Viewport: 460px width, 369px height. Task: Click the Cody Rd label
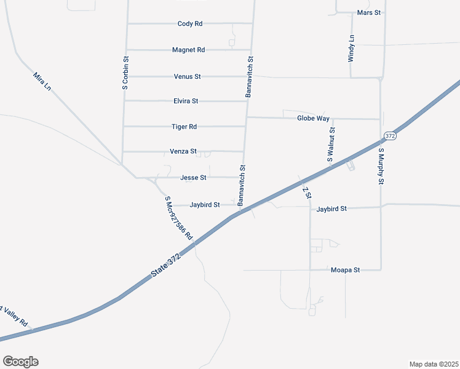[x=190, y=23]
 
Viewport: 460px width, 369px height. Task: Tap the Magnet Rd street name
[x=188, y=50]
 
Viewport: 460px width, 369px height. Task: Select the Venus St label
[x=188, y=76]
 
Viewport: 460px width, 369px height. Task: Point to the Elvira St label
[x=186, y=101]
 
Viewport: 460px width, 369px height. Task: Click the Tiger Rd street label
[x=184, y=126]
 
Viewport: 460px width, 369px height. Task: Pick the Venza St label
[x=183, y=151]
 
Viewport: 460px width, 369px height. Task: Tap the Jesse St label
[x=193, y=178]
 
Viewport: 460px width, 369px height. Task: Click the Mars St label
[x=369, y=12]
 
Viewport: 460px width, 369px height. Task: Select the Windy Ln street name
[x=351, y=48]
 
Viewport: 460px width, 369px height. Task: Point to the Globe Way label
[x=313, y=118]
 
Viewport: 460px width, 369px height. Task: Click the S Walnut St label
[x=331, y=145]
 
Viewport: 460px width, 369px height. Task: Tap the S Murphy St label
[x=381, y=166]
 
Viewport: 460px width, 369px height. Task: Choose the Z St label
[x=307, y=192]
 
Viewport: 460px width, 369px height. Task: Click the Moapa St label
[x=345, y=270]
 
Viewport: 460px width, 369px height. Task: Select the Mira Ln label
[x=42, y=81]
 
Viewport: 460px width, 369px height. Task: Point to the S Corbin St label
[x=125, y=74]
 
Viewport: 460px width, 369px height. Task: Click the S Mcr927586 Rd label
[x=179, y=218]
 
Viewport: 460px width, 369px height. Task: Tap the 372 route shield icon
[x=389, y=135]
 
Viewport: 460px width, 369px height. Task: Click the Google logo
[x=20, y=362]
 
